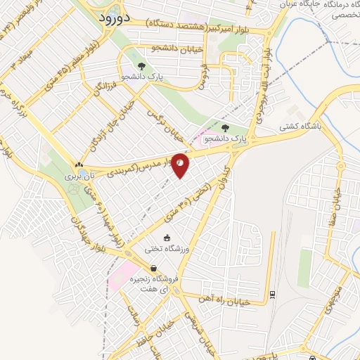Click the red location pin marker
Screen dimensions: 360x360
(181, 164)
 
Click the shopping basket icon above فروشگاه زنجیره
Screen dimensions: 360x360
(153, 268)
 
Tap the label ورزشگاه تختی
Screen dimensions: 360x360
(167, 247)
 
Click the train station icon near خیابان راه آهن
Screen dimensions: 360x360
(272, 294)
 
